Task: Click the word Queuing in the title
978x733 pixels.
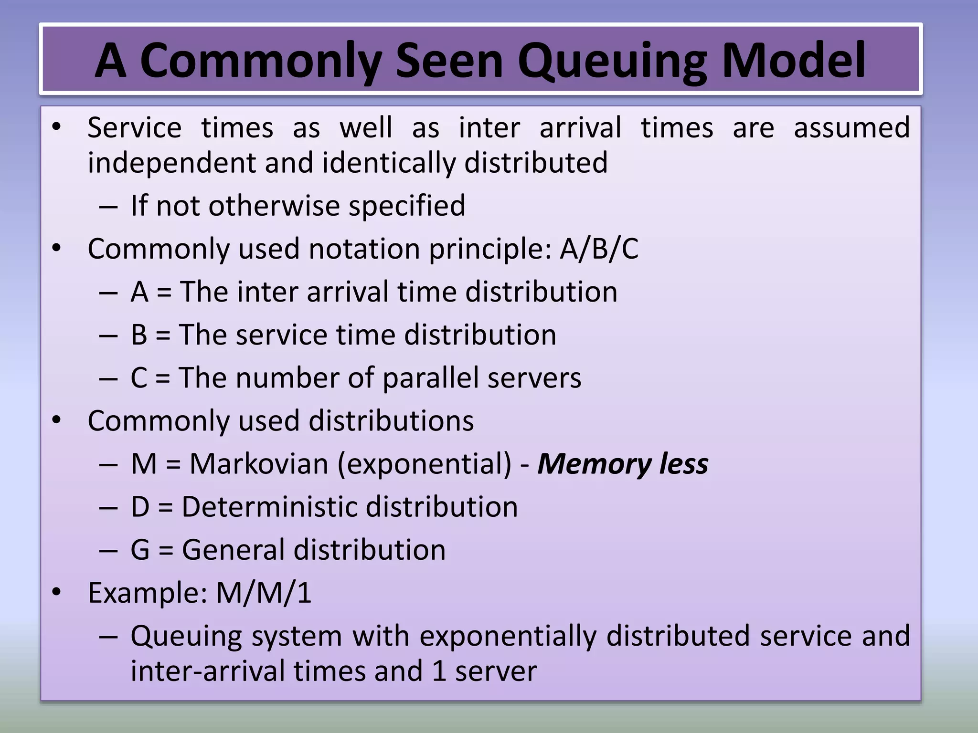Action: (x=613, y=61)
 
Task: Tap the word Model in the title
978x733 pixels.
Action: (x=793, y=61)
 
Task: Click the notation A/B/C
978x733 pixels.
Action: (x=599, y=249)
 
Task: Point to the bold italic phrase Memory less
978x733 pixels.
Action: (x=623, y=464)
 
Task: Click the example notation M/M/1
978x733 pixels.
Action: (x=264, y=593)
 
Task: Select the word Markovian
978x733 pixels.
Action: (x=259, y=464)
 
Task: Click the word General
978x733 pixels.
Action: (x=234, y=550)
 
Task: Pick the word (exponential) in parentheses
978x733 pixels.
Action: (x=425, y=464)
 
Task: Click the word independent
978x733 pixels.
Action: (x=172, y=163)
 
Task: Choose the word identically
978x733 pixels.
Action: (x=389, y=163)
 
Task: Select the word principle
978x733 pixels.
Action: (x=490, y=249)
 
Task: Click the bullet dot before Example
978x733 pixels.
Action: (x=57, y=592)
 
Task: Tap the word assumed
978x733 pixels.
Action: (x=852, y=128)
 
